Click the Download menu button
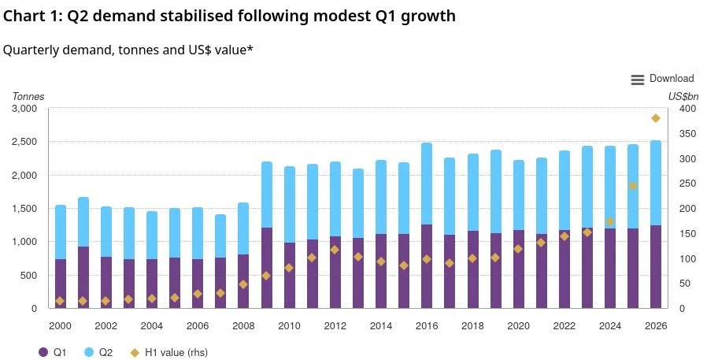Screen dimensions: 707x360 662,79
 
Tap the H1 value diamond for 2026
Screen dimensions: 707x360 656,118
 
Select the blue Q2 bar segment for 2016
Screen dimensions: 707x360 427,184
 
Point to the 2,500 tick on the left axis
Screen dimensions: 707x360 24,142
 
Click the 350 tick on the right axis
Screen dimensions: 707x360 688,134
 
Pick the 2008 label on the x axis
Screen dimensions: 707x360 243,325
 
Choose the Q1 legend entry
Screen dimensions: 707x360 52,352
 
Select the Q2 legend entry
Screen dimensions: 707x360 98,352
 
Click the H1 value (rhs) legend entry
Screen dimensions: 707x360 168,352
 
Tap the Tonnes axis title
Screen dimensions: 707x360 28,97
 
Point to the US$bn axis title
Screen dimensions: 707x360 683,97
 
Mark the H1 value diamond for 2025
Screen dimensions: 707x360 633,186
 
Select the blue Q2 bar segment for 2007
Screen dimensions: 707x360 220,236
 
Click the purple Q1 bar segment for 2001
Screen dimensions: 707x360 83,277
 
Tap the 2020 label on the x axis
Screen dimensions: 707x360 519,325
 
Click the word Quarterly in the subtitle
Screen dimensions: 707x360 31,50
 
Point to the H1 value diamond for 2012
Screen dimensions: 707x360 335,250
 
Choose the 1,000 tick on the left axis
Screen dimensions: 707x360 24,242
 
